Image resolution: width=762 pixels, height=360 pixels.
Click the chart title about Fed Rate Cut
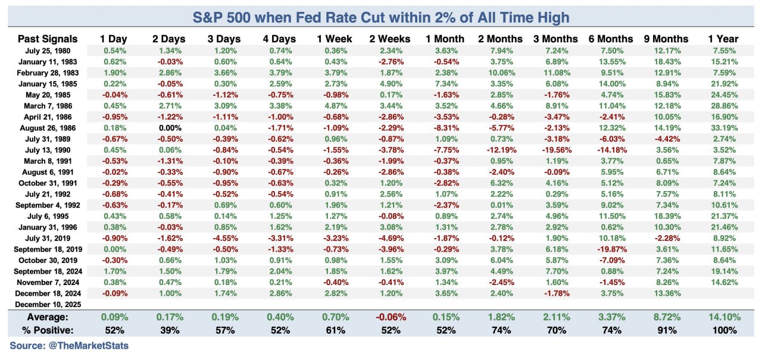pos(380,17)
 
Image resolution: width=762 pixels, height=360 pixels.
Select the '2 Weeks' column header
pos(390,39)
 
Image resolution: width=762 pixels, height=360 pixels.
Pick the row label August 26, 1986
pos(53,127)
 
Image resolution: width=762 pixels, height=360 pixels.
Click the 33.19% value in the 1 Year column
pos(723,127)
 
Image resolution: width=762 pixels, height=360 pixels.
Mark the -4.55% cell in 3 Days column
pos(224,237)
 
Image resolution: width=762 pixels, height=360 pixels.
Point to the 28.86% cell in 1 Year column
pos(723,105)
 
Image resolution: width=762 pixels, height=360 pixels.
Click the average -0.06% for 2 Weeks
pos(390,317)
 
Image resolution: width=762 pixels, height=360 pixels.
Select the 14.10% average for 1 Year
pos(723,317)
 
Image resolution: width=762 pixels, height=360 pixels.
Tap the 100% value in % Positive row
pos(723,330)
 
